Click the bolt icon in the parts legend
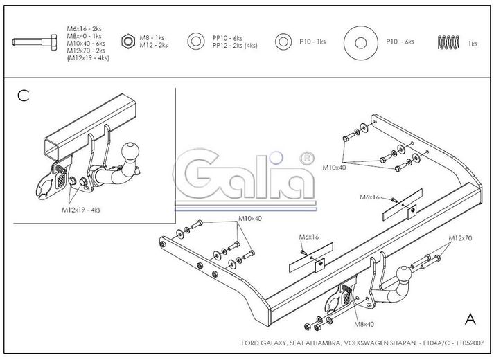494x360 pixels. pos(35,42)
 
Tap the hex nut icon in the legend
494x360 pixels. pos(128,42)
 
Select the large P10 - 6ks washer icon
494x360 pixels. pos(361,43)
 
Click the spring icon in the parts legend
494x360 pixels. pos(448,42)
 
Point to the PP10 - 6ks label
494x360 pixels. pos(227,38)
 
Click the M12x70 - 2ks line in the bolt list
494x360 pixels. pos(86,51)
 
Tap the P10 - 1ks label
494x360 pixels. pos(312,42)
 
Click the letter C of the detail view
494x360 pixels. pos(24,96)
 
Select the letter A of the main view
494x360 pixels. pos(470,319)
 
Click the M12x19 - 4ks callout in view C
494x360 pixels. pos(80,210)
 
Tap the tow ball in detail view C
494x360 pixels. pos(130,151)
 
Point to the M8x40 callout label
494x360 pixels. pos(364,325)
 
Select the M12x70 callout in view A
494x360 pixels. pos(460,238)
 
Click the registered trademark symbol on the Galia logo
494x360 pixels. pos(306,159)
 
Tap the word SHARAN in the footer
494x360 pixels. pos(403,343)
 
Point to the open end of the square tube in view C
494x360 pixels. pos(52,148)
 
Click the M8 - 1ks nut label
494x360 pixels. pos(152,38)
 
